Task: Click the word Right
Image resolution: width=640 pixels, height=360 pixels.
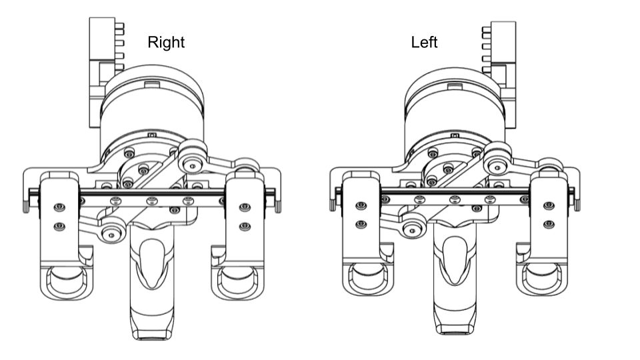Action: point(166,43)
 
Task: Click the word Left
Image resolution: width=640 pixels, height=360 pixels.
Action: point(424,43)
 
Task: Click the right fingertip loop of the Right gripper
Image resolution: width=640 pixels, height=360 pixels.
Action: point(237,281)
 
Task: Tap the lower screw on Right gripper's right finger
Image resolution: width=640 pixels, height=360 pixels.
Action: point(245,226)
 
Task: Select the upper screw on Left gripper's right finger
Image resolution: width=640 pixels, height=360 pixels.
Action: point(549,206)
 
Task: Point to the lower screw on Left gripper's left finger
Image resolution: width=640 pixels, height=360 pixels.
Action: point(361,224)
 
